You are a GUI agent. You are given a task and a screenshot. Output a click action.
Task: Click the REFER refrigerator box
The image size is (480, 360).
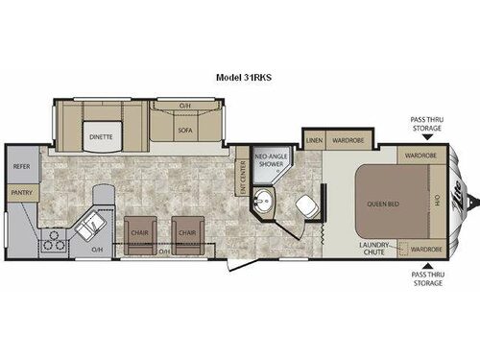click(x=21, y=166)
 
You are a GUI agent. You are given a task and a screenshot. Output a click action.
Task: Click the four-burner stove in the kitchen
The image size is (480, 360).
click(x=53, y=240)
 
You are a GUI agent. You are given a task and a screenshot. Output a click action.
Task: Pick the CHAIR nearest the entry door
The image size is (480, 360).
click(x=185, y=233)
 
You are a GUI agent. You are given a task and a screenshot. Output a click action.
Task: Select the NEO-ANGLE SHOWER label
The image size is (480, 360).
click(x=269, y=160)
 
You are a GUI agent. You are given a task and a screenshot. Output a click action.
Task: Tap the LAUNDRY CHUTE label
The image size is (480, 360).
click(x=374, y=250)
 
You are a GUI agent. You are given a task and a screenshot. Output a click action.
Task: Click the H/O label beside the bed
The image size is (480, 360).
click(x=436, y=202)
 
